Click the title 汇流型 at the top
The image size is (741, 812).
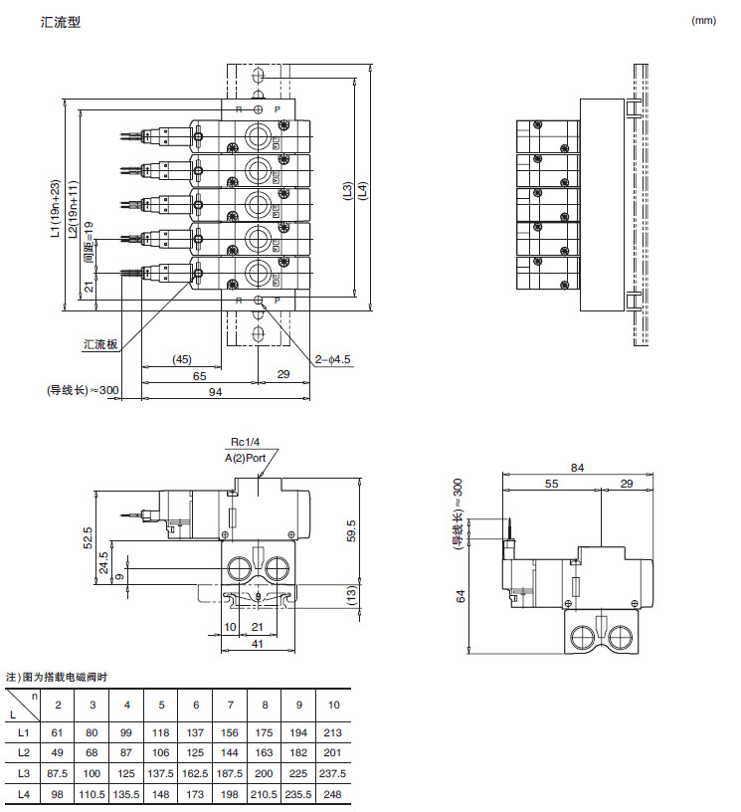click(x=61, y=22)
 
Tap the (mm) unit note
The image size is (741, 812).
click(x=703, y=20)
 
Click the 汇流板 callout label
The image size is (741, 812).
click(x=100, y=344)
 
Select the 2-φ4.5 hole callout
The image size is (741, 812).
click(x=333, y=359)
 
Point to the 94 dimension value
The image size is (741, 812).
click(x=215, y=392)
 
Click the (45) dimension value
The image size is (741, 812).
click(x=181, y=358)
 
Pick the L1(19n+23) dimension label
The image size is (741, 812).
click(x=55, y=210)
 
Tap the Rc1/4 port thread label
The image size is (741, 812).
click(x=245, y=442)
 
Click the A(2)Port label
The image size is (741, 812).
click(x=245, y=457)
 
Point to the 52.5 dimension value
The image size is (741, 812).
click(x=89, y=538)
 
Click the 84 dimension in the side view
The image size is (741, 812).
click(x=577, y=468)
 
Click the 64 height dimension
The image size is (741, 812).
click(x=460, y=596)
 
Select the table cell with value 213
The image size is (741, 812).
click(x=333, y=731)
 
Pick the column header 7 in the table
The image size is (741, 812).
click(x=230, y=705)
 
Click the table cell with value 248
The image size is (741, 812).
click(x=333, y=794)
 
